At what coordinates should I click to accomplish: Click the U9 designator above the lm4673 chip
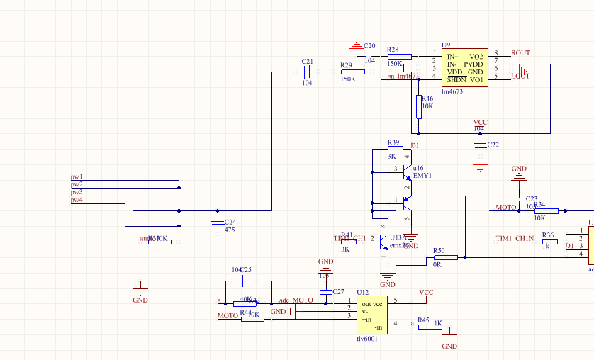(x=446, y=44)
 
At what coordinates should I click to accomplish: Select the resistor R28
(x=399, y=56)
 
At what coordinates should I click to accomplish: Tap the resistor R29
(x=352, y=72)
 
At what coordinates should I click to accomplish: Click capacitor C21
(x=308, y=72)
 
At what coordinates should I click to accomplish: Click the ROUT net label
(x=520, y=53)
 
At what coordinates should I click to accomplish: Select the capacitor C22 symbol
(x=481, y=145)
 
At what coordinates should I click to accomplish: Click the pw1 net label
(x=76, y=176)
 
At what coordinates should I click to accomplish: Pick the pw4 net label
(x=76, y=200)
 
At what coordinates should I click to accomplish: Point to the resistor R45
(x=423, y=327)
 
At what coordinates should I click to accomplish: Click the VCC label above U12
(x=426, y=292)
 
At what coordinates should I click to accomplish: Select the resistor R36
(x=549, y=242)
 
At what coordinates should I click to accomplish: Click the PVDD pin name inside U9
(x=473, y=64)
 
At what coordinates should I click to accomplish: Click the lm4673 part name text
(x=452, y=91)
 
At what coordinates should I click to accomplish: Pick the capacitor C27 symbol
(x=325, y=292)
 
